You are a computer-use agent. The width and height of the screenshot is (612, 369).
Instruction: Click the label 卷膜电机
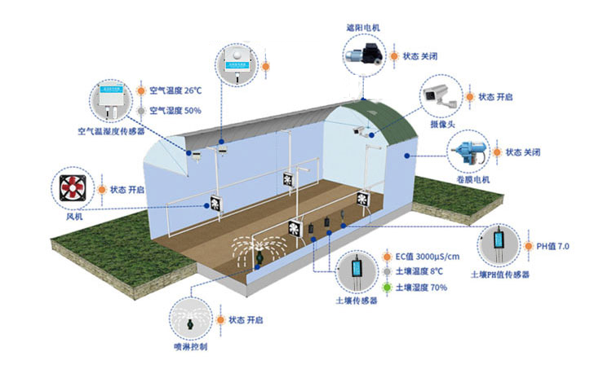pyautogui.click(x=472, y=179)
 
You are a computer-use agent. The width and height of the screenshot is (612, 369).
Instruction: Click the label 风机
pyautogui.click(x=73, y=217)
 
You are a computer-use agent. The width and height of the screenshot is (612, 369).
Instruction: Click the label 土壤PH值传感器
pyautogui.click(x=500, y=275)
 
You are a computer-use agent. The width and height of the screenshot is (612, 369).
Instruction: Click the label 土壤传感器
pyautogui.click(x=357, y=301)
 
